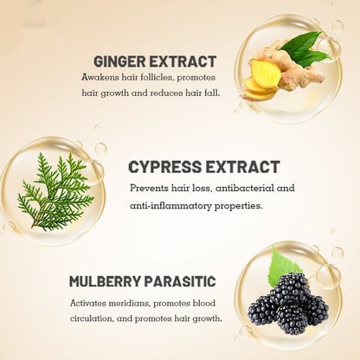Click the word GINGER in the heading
[x=119, y=61]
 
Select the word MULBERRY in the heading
[x=106, y=281]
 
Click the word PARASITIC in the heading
[x=180, y=281]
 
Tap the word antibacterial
[x=245, y=188]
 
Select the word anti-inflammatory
[x=170, y=206]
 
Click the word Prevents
[x=149, y=188]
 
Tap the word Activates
[x=88, y=304]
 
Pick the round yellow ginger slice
[x=264, y=74]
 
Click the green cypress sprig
[x=55, y=192]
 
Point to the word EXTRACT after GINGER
[x=183, y=61]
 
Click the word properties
[x=239, y=207]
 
